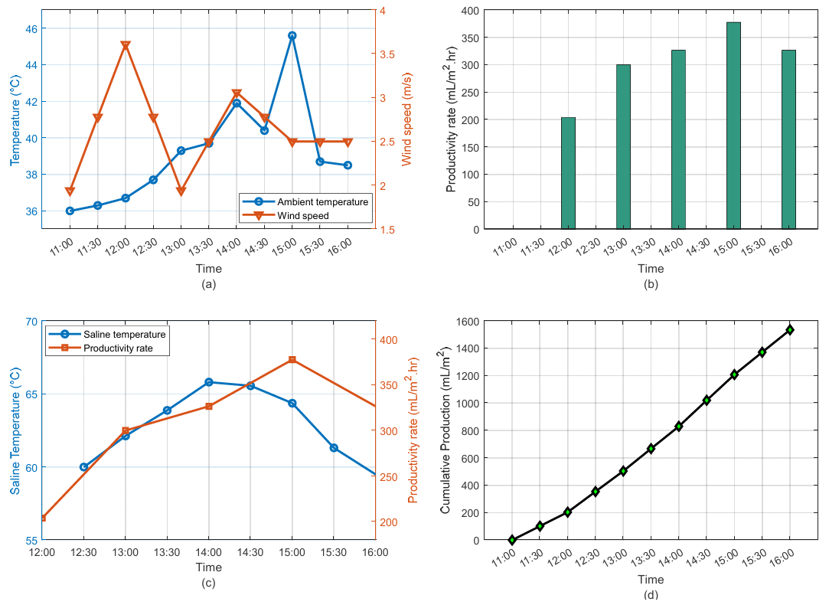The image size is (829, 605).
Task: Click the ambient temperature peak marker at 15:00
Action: click(292, 35)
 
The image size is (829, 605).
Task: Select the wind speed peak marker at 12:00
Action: click(126, 46)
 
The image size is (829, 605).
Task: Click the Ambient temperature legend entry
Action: click(321, 201)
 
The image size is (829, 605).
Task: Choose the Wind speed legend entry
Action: click(303, 216)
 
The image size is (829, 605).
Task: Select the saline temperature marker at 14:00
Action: click(208, 382)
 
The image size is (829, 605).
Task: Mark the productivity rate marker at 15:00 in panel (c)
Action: click(292, 360)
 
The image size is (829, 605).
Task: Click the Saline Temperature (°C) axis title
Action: click(15, 430)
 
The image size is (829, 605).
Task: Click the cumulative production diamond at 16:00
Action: click(789, 330)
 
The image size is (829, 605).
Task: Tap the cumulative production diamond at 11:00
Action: click(512, 540)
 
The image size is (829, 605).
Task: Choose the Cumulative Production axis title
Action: click(445, 430)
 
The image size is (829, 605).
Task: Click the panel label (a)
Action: click(208, 284)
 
